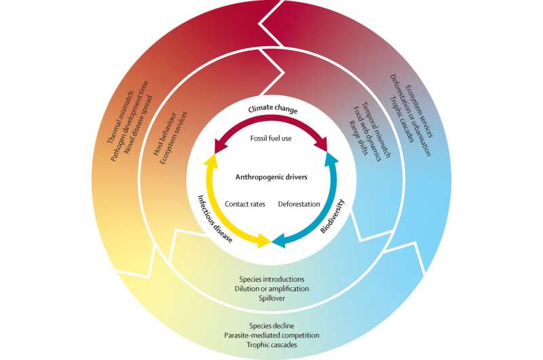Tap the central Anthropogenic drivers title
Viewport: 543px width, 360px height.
[271, 178]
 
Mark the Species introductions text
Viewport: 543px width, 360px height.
[271, 278]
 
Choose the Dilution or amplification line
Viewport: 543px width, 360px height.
[271, 288]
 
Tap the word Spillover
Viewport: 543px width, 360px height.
[271, 298]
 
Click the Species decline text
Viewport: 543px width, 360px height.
[271, 325]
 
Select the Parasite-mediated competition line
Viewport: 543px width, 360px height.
[271, 334]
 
